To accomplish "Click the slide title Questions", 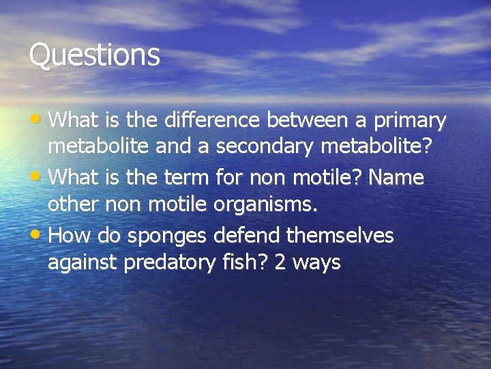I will [x=94, y=55].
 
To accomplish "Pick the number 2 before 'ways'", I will [x=279, y=262].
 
